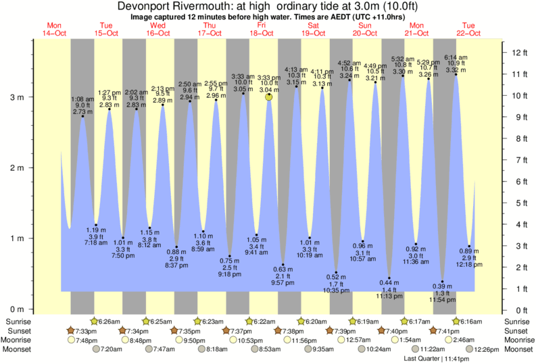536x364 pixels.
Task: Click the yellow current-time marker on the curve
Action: (x=269, y=97)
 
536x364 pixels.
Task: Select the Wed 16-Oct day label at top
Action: (x=157, y=29)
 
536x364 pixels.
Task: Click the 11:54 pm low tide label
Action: (x=442, y=299)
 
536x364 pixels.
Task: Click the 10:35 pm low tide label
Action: (x=336, y=290)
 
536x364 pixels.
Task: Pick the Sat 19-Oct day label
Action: (x=313, y=29)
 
